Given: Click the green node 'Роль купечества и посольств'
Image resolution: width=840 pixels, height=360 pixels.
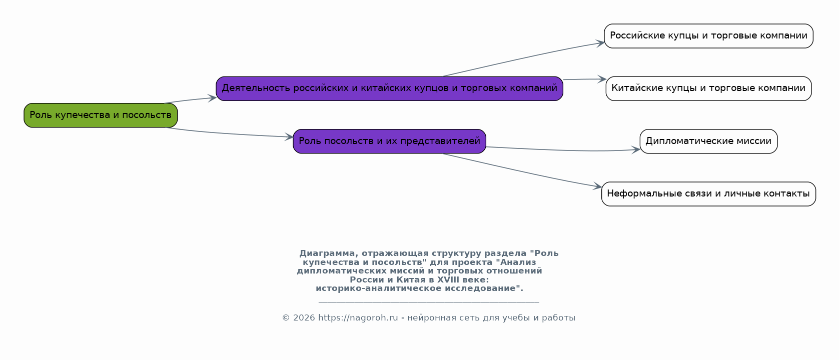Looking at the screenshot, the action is [101, 115].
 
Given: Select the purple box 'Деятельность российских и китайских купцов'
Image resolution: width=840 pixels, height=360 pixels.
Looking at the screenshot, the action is [389, 89].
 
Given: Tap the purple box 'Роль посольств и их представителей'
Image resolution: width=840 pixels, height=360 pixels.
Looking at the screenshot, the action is [389, 141].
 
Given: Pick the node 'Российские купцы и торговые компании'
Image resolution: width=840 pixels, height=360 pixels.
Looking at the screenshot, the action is [708, 36].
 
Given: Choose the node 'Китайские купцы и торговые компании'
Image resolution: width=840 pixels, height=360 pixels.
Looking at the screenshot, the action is [708, 89].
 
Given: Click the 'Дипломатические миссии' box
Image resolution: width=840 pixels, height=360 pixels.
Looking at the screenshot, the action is [708, 141].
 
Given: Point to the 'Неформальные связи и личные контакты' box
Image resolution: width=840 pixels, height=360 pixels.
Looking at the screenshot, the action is [708, 194].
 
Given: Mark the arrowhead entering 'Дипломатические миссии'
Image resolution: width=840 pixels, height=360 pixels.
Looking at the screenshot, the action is [636, 150].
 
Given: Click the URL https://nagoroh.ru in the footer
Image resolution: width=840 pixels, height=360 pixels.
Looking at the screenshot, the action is [358, 317].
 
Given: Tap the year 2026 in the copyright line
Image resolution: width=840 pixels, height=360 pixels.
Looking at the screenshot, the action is [304, 317].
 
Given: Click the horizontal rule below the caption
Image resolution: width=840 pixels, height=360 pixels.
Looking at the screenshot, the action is [429, 301].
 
